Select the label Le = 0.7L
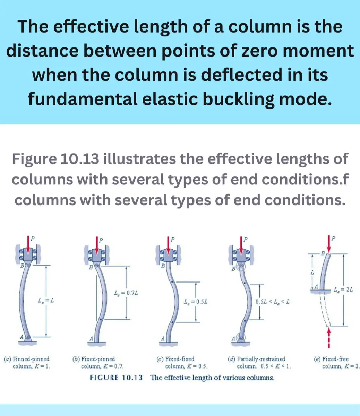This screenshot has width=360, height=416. (126, 293)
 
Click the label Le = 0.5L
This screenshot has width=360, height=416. (196, 302)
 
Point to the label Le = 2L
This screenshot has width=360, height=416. (343, 289)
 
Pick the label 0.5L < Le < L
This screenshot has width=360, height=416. (272, 302)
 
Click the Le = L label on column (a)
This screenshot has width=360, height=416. (46, 301)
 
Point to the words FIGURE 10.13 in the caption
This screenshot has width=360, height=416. (116, 378)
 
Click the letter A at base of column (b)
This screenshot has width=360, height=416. (91, 339)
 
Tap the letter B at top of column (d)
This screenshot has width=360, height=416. (233, 269)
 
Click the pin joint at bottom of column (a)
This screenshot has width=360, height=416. (28, 337)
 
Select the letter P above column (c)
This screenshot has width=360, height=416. (173, 239)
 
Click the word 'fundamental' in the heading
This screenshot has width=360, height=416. (83, 99)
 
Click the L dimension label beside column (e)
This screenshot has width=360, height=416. (312, 272)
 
